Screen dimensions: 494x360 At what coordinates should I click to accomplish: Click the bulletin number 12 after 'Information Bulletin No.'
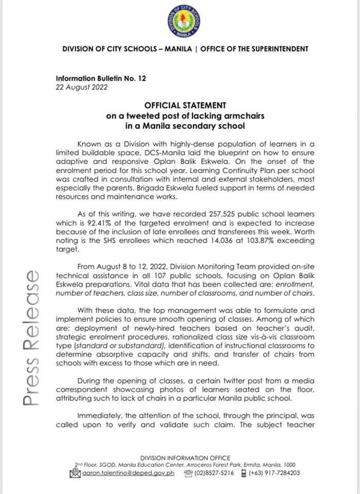tap(142, 78)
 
